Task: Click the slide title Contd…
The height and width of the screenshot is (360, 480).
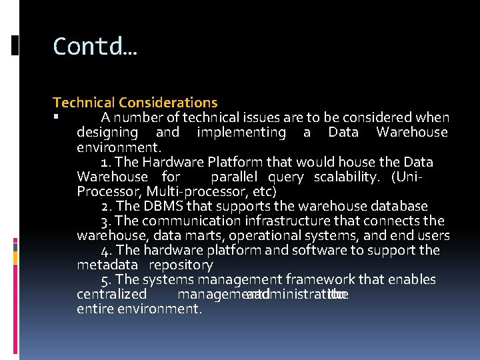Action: pyautogui.click(x=95, y=46)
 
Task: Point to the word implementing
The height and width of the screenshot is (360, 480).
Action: pyautogui.click(x=241, y=133)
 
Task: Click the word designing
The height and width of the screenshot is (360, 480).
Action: pyautogui.click(x=107, y=133)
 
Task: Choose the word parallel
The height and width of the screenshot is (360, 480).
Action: pyautogui.click(x=234, y=177)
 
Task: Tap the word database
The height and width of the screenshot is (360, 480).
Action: pyautogui.click(x=397, y=206)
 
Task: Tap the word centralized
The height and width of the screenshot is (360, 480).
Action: pyautogui.click(x=112, y=294)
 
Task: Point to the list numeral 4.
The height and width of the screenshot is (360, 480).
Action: pyautogui.click(x=105, y=250)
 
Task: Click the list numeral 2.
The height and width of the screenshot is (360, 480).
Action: pyautogui.click(x=105, y=206)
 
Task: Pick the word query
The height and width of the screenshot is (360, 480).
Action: pyautogui.click(x=286, y=177)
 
